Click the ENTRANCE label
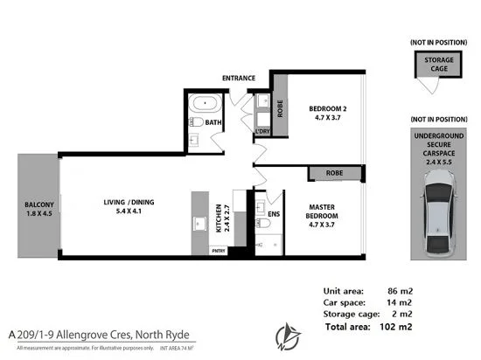(x=238, y=79)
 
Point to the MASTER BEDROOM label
(x=326, y=215)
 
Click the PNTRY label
(x=220, y=250)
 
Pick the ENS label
(x=274, y=212)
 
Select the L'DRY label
(x=262, y=132)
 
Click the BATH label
(x=213, y=123)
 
